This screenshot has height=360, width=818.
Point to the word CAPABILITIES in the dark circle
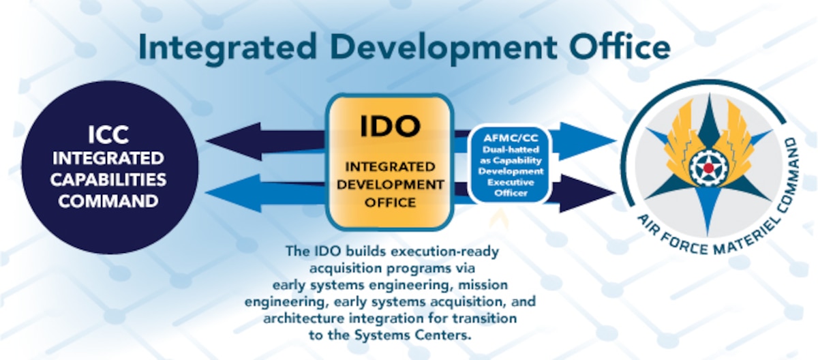coord(110,180)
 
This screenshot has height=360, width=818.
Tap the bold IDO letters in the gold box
coord(389,127)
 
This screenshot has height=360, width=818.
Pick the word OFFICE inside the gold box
coord(389,202)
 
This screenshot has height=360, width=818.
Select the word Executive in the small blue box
coord(509,184)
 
